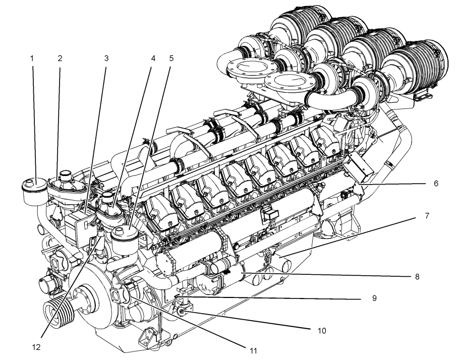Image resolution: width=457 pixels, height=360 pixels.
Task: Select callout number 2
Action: point(60,58)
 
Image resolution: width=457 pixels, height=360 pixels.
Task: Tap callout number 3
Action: point(106,58)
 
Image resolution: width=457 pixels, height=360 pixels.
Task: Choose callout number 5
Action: point(171,58)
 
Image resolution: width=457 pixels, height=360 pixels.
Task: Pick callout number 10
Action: point(322,331)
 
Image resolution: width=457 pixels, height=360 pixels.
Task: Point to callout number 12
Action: point(36,347)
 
